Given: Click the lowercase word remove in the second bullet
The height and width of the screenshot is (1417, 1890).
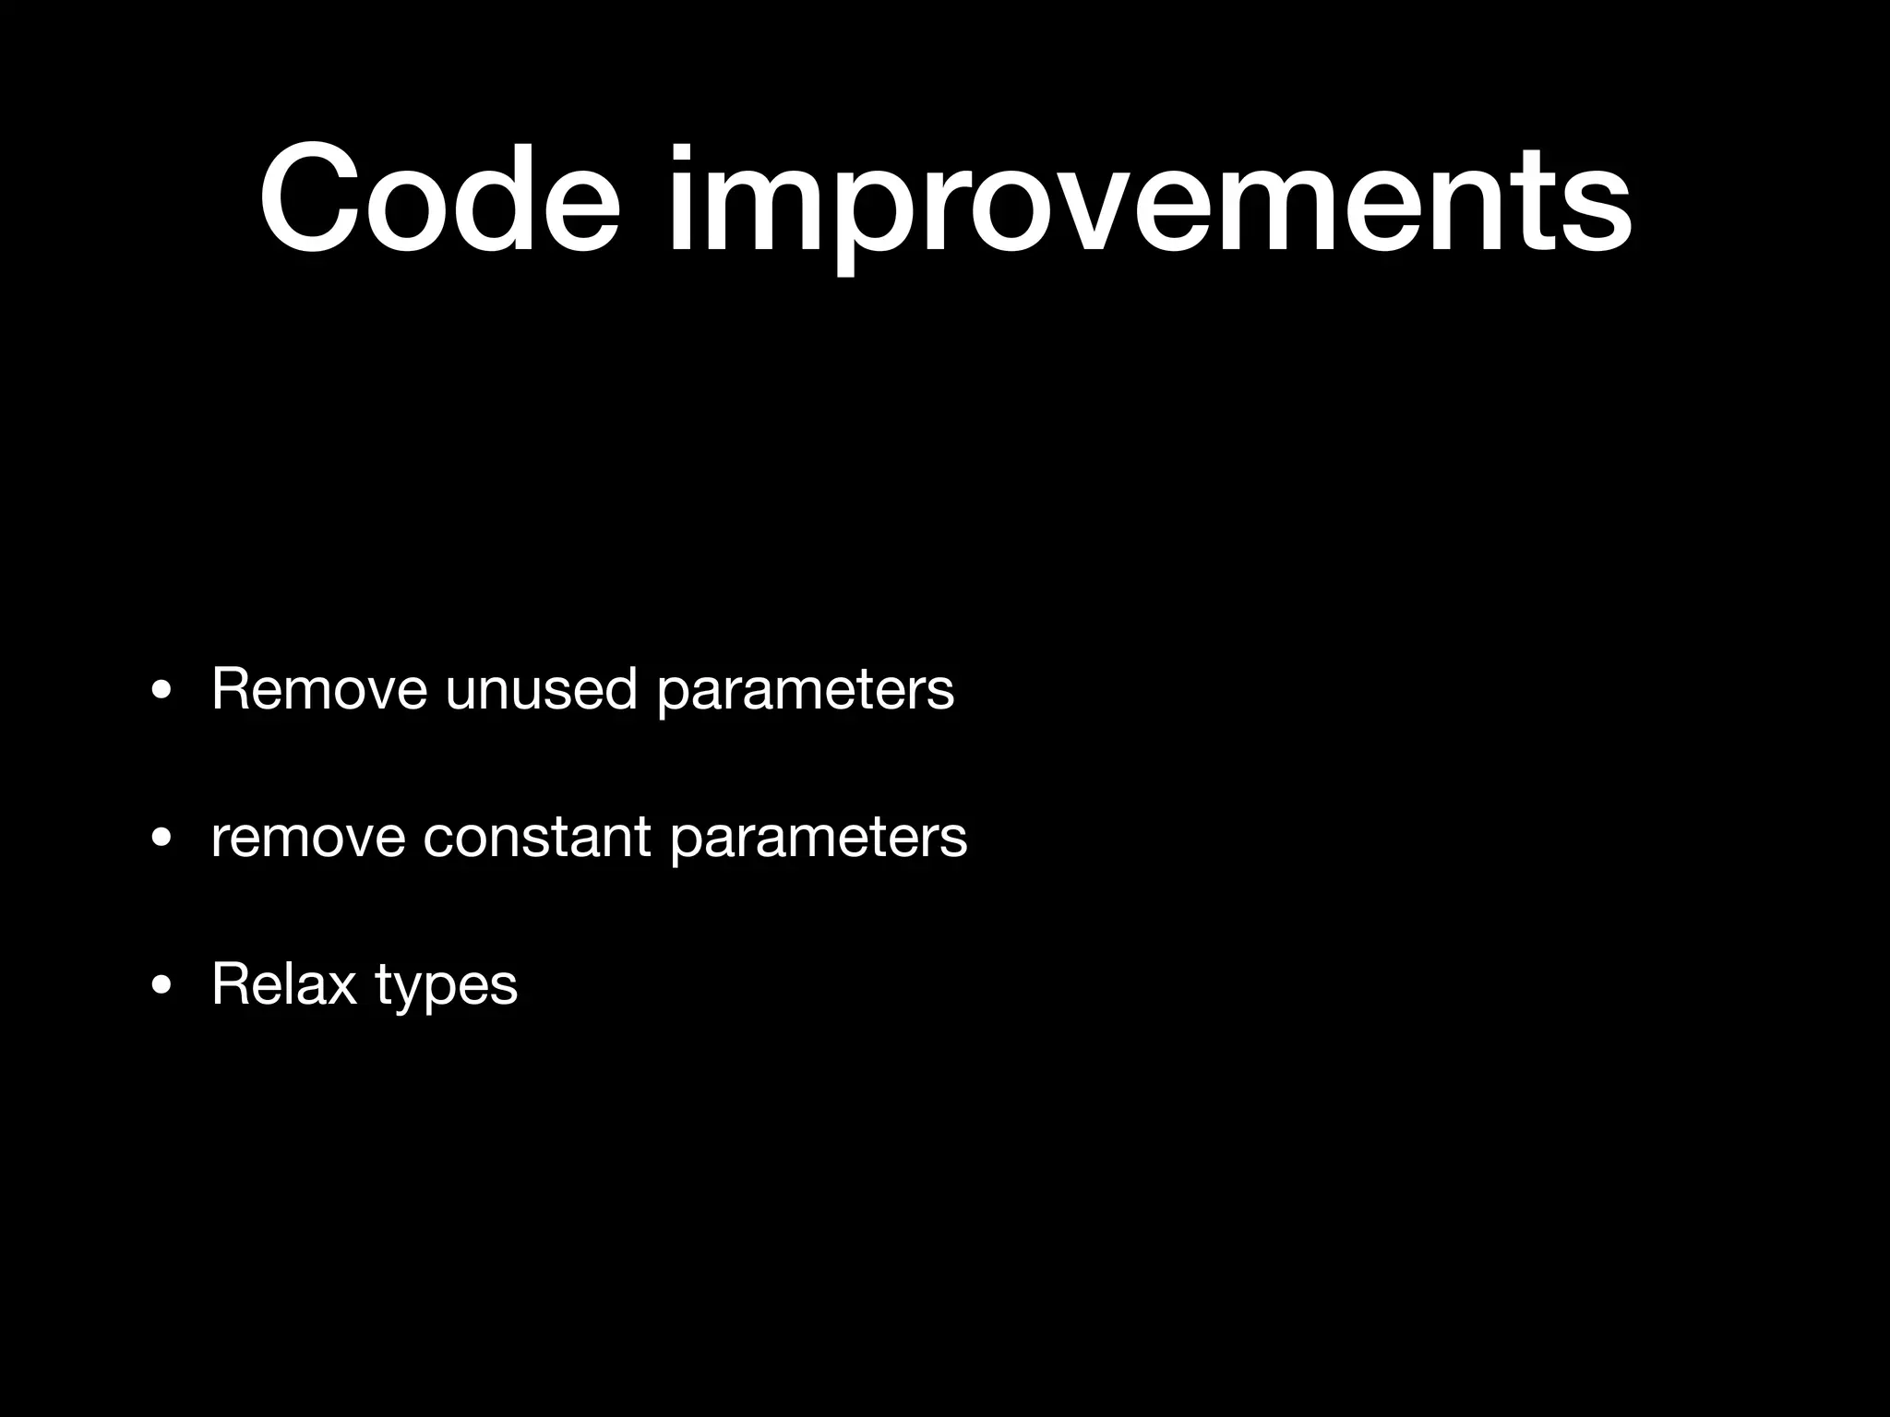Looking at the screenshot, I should pos(308,837).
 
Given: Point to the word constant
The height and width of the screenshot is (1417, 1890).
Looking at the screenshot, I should pos(537,837).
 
